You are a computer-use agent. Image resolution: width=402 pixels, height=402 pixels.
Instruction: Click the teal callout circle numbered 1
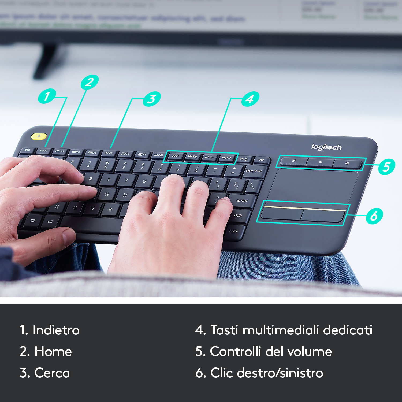click(x=47, y=96)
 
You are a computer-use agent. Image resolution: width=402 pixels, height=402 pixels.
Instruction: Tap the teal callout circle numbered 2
click(x=90, y=82)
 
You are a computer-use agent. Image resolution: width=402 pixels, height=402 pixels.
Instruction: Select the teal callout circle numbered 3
click(x=152, y=99)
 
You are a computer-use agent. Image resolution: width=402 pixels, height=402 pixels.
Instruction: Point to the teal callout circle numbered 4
click(x=250, y=99)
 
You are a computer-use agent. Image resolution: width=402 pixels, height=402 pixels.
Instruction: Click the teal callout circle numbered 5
click(x=386, y=166)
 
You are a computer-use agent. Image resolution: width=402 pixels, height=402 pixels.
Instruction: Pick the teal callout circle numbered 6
click(x=374, y=216)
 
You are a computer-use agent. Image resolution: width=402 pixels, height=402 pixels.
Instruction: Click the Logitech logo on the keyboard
click(x=326, y=147)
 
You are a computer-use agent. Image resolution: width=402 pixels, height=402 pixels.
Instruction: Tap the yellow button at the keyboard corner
click(x=39, y=136)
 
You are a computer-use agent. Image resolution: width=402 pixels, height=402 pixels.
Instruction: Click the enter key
click(x=242, y=201)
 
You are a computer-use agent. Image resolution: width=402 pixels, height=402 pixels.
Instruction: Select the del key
click(x=261, y=160)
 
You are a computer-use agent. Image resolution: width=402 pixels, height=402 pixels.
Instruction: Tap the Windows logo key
click(x=33, y=221)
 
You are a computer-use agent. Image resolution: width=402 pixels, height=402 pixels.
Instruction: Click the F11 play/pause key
click(x=210, y=157)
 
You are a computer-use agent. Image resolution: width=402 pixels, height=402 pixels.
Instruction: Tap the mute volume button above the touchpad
click(x=294, y=162)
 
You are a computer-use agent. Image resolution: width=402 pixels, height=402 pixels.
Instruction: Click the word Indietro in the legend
click(x=56, y=330)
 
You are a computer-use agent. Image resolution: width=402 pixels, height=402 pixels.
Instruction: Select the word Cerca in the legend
click(x=52, y=373)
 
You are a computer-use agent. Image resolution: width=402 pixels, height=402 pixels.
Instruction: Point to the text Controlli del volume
click(x=271, y=351)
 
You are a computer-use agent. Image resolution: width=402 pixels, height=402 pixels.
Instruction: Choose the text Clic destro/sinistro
click(x=267, y=373)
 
